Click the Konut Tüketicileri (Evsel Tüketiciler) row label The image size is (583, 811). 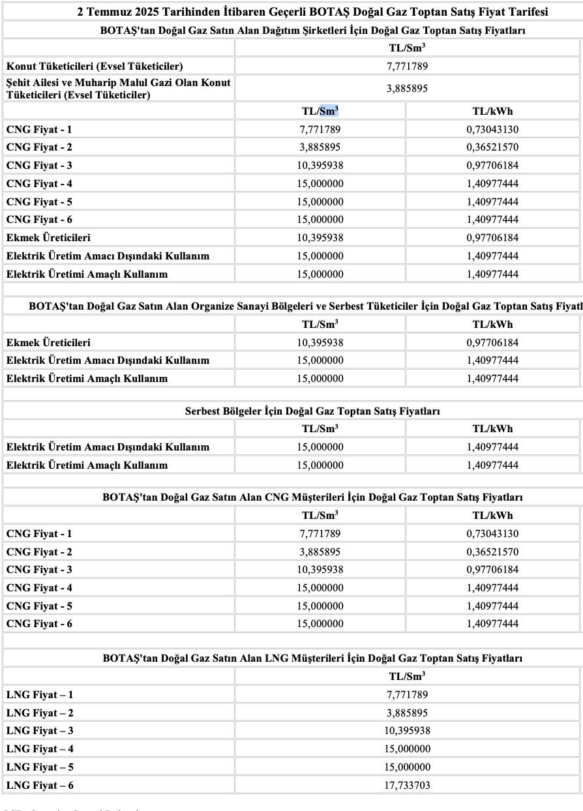95,66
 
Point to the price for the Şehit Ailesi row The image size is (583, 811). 407,89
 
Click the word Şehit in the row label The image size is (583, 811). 19,83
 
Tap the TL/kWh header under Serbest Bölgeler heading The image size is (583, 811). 492,428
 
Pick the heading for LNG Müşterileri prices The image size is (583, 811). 312,658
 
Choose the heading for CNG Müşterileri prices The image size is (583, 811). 312,497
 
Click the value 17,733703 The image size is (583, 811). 407,786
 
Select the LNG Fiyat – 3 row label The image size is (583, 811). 40,731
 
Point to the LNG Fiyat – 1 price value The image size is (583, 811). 407,695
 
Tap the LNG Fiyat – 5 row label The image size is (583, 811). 40,767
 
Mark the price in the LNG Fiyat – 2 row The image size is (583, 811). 407,713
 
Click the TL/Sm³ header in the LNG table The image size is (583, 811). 407,676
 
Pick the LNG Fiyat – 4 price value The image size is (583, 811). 407,749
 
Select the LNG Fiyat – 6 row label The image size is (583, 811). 40,786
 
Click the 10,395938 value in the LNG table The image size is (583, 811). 407,731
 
